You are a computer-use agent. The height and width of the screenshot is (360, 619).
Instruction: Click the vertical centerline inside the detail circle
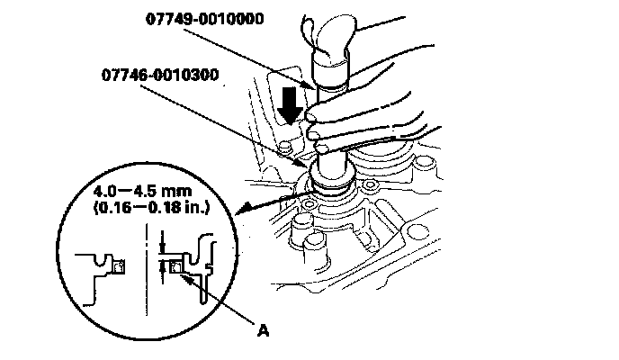click(146, 270)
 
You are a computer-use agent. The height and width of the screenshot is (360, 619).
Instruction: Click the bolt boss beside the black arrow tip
click(288, 146)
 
